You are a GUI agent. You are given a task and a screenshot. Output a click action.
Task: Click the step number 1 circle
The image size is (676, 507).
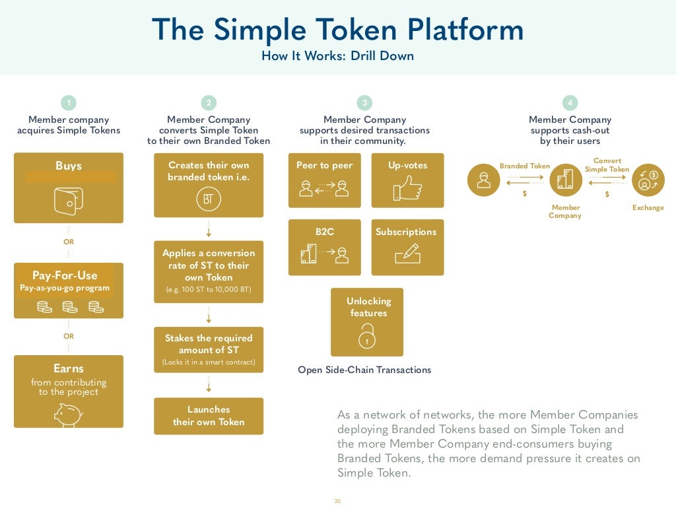(68, 103)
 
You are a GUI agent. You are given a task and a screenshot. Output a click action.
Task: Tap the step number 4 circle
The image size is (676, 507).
(570, 103)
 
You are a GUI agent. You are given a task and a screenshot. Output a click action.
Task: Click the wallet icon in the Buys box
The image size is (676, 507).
(69, 201)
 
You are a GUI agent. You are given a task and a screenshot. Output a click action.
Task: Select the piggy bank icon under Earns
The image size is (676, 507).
(68, 415)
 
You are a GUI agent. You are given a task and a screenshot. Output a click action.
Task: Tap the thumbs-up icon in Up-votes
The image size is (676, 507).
(407, 188)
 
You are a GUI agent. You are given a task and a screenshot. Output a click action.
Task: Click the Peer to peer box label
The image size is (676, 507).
(324, 166)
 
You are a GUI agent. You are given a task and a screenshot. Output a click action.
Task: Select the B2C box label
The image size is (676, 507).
(324, 232)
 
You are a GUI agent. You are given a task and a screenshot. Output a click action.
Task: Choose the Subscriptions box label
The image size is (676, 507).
(406, 232)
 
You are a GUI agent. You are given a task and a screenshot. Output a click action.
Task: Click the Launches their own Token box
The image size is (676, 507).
(209, 416)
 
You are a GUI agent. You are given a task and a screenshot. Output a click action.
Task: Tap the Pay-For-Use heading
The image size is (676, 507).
(65, 275)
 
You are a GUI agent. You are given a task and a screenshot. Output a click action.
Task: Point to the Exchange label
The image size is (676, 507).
(648, 208)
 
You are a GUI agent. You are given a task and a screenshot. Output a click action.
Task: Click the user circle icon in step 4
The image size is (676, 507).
(484, 180)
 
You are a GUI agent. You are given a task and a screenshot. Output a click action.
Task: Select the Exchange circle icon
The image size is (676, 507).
(648, 180)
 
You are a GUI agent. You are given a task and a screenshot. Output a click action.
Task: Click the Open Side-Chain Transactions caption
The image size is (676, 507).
(364, 370)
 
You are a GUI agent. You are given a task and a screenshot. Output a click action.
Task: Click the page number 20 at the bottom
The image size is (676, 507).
(337, 502)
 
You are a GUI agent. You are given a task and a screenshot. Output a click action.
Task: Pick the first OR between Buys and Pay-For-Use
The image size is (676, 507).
(69, 242)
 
